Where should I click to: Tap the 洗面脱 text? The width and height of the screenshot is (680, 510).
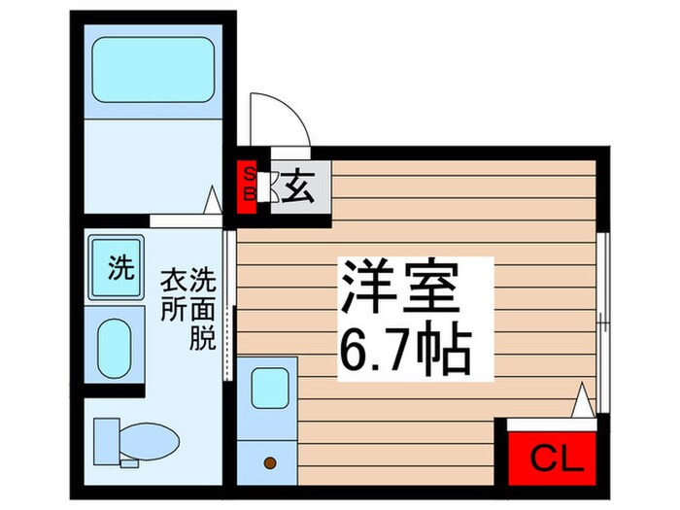point(204,308)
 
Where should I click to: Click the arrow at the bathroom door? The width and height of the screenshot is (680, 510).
point(214,199)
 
